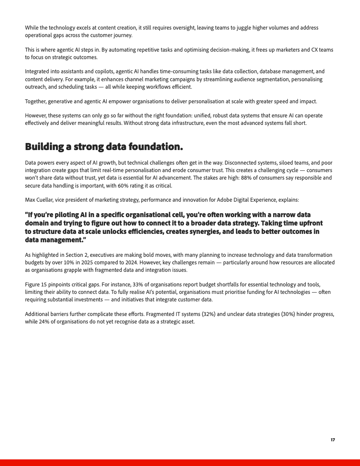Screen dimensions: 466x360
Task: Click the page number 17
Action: coord(333,440)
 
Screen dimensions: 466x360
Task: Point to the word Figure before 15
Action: coord(33,285)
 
